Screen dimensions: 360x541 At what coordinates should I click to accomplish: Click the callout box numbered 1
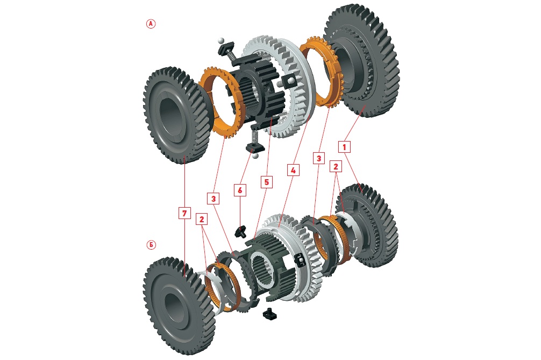coord(344,146)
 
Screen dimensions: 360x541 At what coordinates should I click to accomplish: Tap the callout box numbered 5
coord(265,182)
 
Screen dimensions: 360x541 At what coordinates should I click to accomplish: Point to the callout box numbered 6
coord(240,189)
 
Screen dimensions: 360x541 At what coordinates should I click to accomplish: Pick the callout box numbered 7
coord(184,214)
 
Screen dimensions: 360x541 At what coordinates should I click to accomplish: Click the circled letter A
coord(151,24)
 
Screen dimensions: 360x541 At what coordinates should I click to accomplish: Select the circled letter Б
coord(151,245)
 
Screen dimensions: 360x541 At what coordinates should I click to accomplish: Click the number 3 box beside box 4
coord(319,158)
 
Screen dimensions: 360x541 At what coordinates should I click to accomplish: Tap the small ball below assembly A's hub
coord(255,156)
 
